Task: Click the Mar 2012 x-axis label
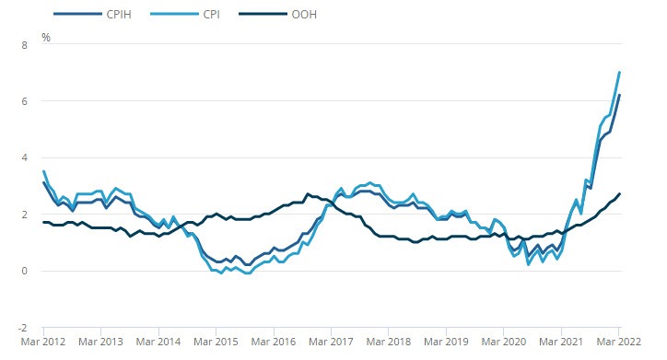[x=43, y=343]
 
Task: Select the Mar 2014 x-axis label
[x=158, y=343]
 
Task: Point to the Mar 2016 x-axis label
[x=274, y=343]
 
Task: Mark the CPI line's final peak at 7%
[x=619, y=72]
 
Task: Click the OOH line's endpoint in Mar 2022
[x=619, y=193]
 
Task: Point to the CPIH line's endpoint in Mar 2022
[x=619, y=95]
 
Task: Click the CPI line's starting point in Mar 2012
[x=43, y=171]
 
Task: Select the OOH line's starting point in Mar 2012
[x=43, y=222]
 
